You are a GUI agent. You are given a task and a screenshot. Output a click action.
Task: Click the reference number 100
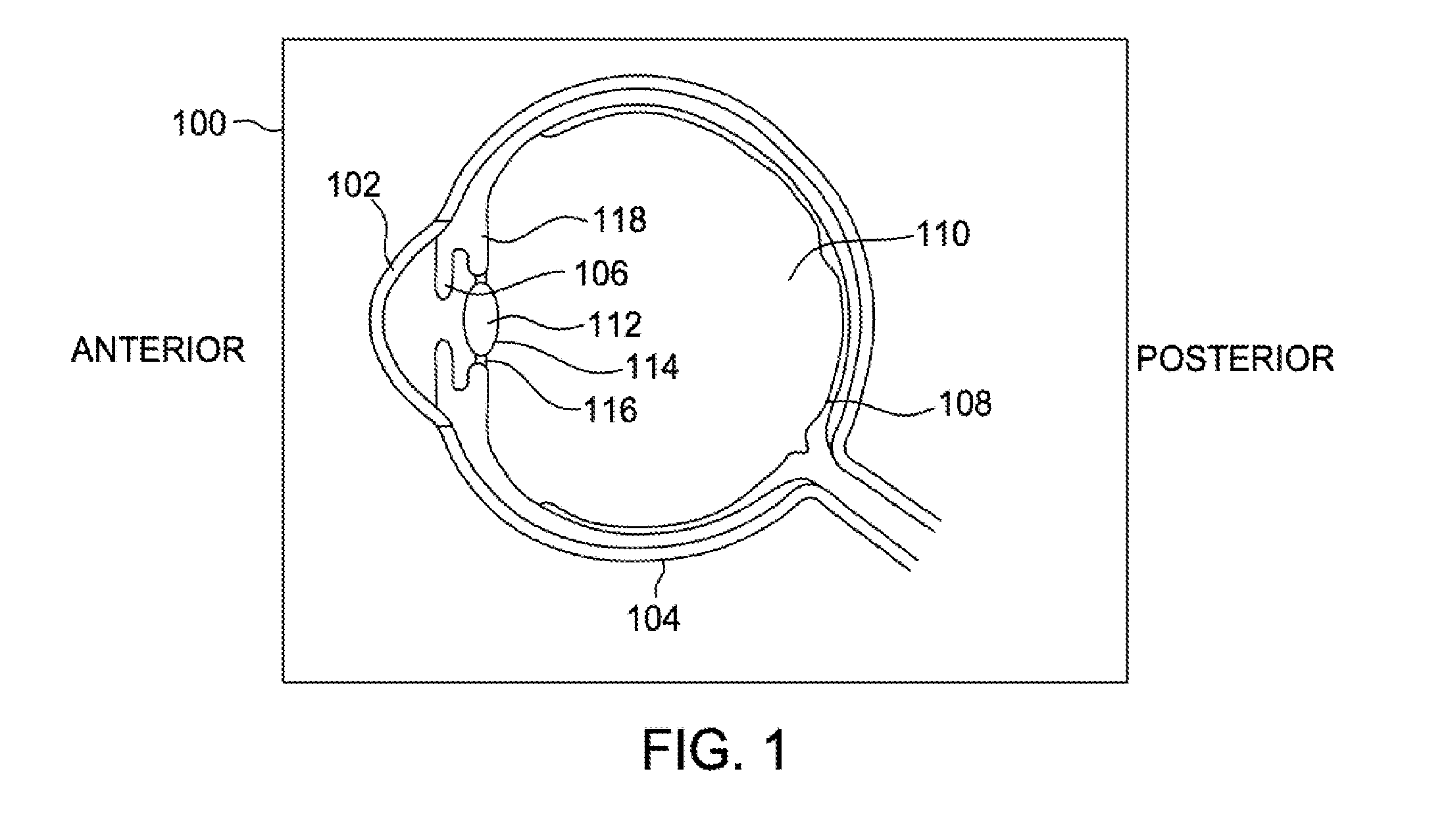tap(199, 124)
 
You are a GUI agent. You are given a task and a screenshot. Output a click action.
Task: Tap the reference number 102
tap(354, 185)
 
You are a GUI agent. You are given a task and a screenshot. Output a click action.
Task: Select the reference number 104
tap(653, 618)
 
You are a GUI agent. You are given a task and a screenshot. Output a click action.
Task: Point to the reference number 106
tap(601, 273)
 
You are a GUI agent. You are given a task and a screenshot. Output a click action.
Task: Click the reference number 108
tap(964, 403)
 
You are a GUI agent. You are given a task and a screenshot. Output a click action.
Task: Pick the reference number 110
tap(943, 234)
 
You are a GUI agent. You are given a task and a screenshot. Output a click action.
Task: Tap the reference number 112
tap(615, 324)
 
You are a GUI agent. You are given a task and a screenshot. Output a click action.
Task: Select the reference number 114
tap(652, 366)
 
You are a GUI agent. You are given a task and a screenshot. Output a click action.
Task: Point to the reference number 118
tap(619, 220)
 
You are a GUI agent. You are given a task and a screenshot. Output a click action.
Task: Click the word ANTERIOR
tap(158, 350)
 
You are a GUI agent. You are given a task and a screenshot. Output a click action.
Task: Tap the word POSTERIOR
tap(1236, 359)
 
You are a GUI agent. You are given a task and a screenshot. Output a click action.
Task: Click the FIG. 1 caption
tap(714, 750)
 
